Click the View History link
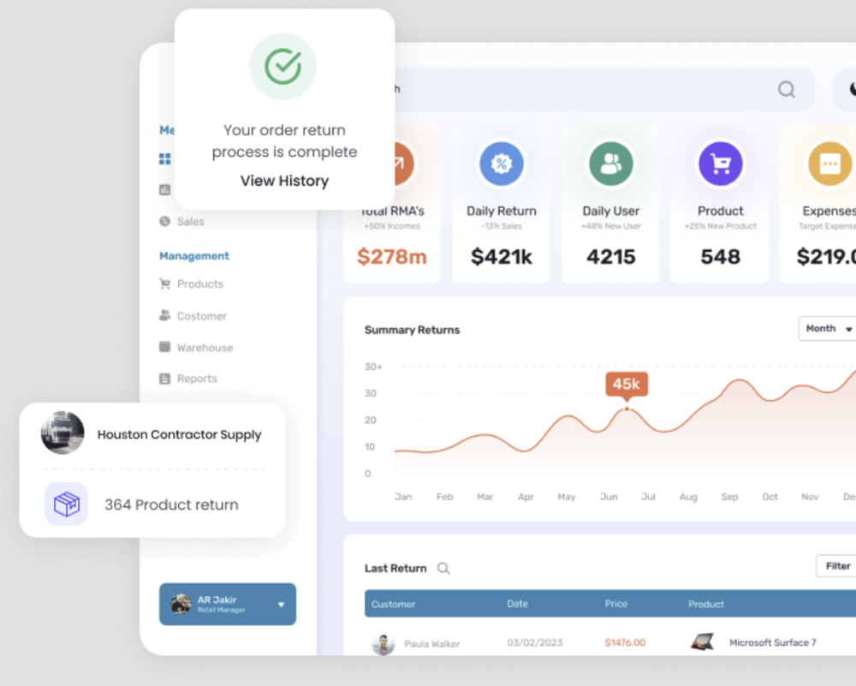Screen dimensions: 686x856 click(x=284, y=181)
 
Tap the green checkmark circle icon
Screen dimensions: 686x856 click(x=282, y=67)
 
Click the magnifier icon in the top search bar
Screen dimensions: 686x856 click(x=786, y=90)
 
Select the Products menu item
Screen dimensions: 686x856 click(x=199, y=284)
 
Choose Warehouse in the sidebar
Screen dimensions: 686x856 click(x=205, y=348)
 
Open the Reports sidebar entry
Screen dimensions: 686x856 click(x=197, y=379)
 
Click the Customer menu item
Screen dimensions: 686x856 click(x=201, y=316)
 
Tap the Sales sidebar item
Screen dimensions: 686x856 click(x=190, y=222)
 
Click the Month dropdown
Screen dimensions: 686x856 click(x=828, y=329)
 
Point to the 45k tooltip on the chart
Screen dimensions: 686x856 click(x=626, y=384)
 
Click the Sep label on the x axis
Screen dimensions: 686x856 click(x=729, y=497)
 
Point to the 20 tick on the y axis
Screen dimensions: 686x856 click(x=371, y=420)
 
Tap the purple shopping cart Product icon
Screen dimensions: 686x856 click(x=720, y=164)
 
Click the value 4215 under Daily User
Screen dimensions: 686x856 click(x=610, y=256)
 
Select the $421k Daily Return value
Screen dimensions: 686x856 click(x=502, y=256)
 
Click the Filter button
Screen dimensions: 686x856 click(x=836, y=566)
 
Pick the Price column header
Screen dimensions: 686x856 click(x=616, y=604)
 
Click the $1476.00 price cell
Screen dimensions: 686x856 click(x=625, y=642)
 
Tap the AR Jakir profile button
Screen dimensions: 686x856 click(x=228, y=604)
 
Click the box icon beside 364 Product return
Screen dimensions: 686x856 click(x=66, y=504)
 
